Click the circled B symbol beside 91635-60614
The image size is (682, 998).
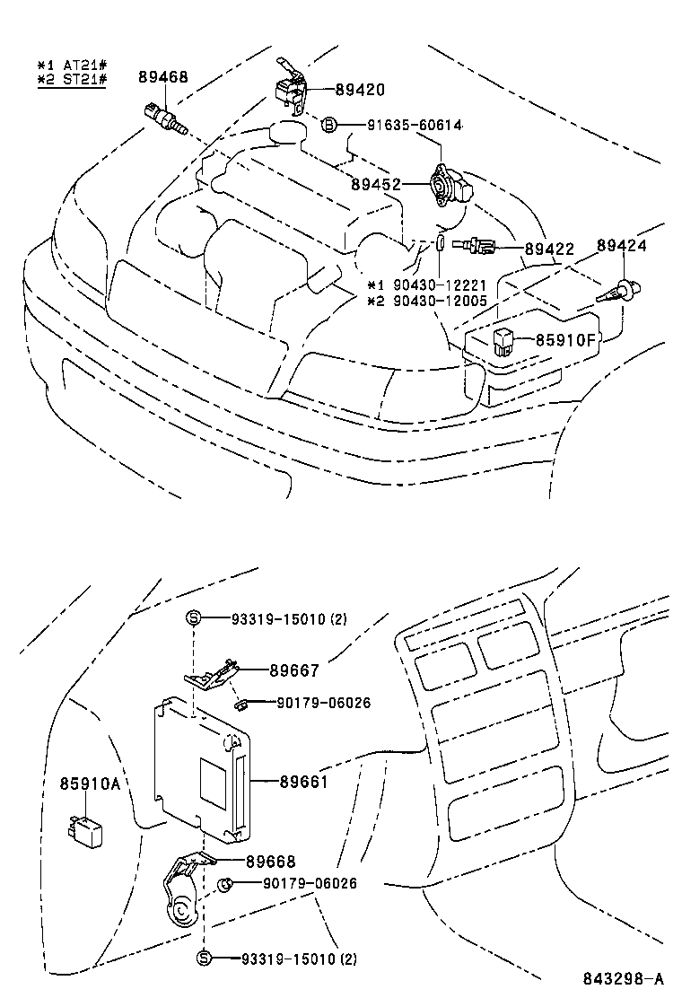tap(329, 125)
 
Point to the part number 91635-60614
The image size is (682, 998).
tap(414, 125)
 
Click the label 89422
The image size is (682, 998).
tap(548, 249)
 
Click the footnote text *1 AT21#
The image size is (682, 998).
tap(72, 66)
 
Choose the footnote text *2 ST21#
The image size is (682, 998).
tap(72, 80)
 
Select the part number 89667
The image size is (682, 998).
tap(294, 670)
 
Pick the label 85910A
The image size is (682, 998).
tap(90, 784)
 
